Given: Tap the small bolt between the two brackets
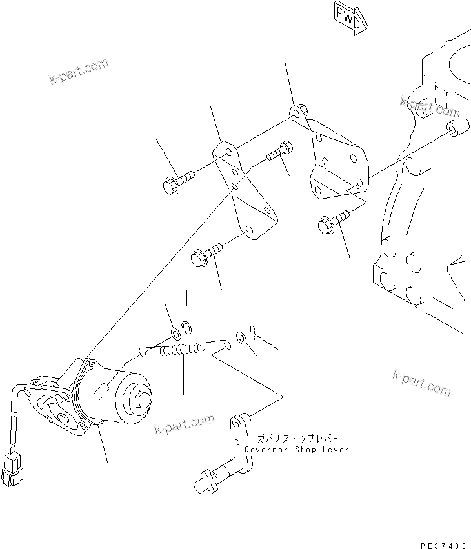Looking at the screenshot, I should [278, 152].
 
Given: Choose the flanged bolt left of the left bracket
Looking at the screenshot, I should [176, 181].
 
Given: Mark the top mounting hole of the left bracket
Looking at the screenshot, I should [223, 152].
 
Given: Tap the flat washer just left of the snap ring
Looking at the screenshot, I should [175, 334].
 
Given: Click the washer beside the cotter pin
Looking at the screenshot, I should [240, 337].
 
